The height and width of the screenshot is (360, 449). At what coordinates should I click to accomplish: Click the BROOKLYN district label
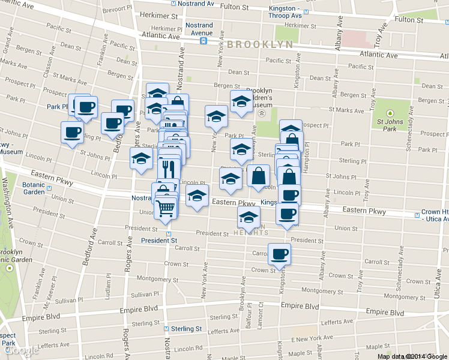coord(260,44)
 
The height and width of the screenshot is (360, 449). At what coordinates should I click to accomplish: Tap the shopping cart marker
coord(165,209)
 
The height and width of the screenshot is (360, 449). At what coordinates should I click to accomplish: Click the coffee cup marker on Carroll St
coord(279,254)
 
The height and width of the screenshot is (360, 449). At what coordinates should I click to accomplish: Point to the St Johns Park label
coord(389,125)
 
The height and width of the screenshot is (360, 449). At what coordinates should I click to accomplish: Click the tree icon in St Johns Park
coord(390,112)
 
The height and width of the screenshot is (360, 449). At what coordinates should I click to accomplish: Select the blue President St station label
coord(159,240)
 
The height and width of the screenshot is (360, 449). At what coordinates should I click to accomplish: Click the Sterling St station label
coord(185,329)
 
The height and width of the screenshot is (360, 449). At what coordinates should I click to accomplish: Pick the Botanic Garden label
coord(34,189)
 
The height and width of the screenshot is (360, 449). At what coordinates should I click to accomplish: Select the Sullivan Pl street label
coord(143,295)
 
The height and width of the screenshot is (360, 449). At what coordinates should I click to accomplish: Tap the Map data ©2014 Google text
coord(412,356)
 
